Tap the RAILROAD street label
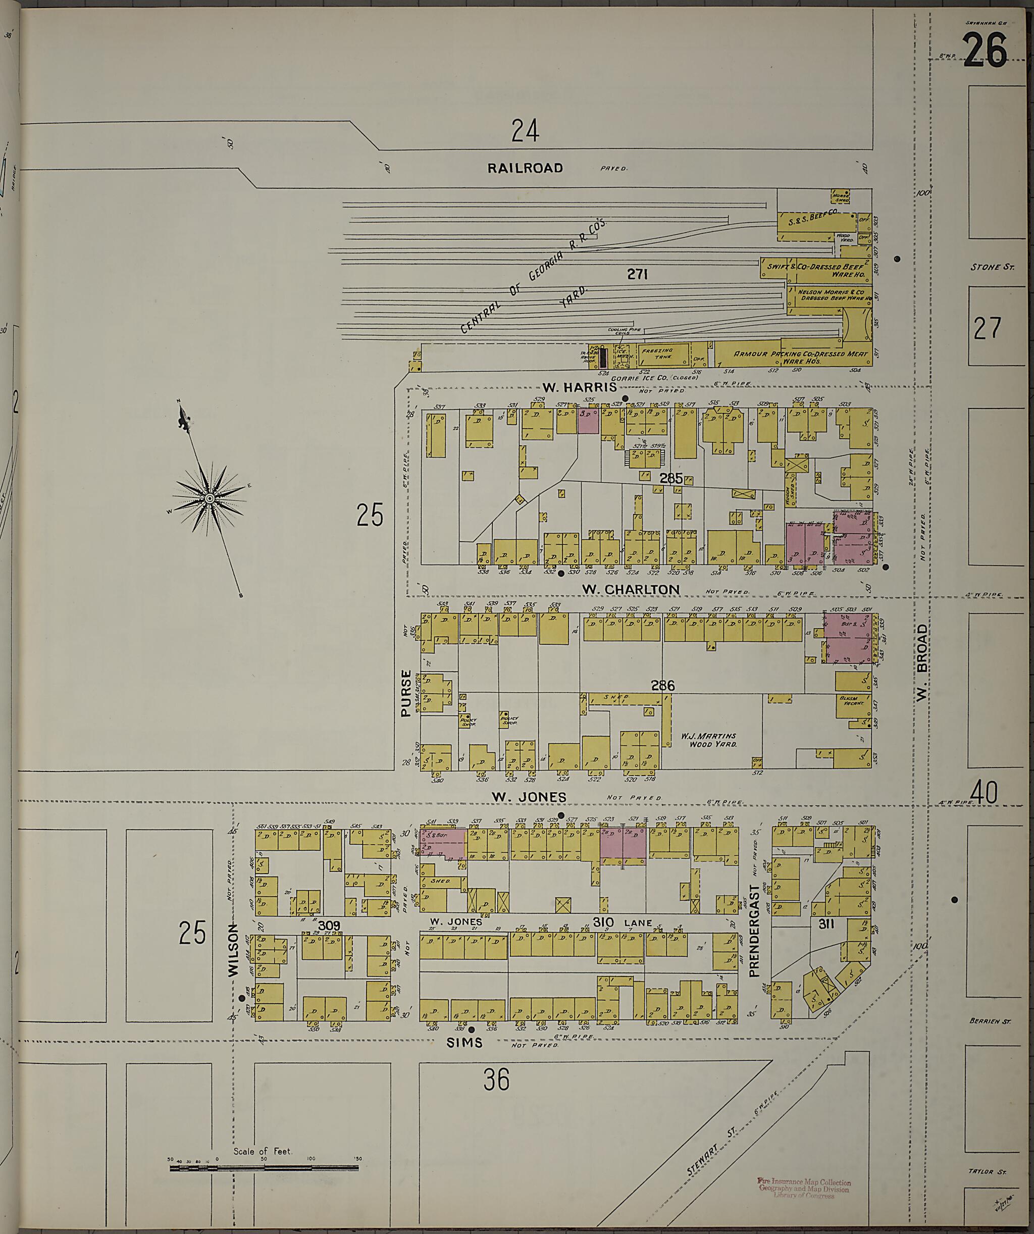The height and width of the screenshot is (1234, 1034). pyautogui.click(x=525, y=168)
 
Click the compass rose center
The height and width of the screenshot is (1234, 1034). pyautogui.click(x=209, y=499)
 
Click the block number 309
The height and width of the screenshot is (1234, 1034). pyautogui.click(x=330, y=926)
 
